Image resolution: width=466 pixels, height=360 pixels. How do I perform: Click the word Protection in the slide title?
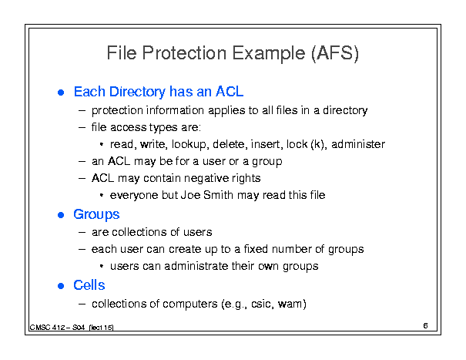[x=184, y=53]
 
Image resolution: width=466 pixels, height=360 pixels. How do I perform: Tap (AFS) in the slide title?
[x=335, y=53]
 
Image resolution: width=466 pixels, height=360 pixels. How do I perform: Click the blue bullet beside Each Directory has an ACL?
[x=61, y=93]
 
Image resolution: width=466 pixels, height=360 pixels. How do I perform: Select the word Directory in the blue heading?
[x=137, y=92]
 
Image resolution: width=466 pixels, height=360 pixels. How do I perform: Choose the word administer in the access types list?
[x=358, y=144]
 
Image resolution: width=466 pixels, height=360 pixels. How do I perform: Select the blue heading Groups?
[x=96, y=215]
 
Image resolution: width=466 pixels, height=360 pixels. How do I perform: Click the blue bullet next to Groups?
[x=61, y=215]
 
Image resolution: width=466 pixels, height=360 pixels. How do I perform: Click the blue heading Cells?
[x=89, y=285]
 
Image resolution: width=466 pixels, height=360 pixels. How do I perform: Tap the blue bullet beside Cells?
[x=61, y=286]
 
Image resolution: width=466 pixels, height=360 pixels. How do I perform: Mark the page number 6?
[x=426, y=326]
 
